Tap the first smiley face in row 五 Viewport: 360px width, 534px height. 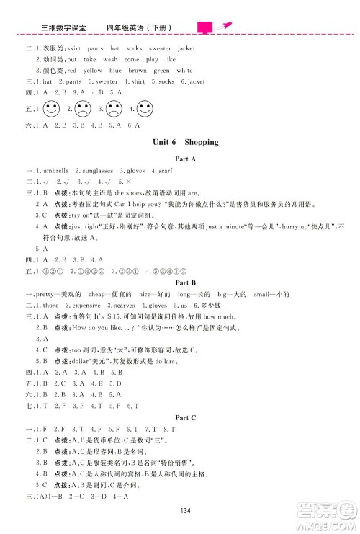point(50,110)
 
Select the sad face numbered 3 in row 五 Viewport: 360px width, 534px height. point(113,110)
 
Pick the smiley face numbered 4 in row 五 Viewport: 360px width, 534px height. point(145,110)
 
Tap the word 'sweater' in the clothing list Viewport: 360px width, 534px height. point(160,48)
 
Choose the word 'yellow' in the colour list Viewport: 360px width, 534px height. point(93,71)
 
